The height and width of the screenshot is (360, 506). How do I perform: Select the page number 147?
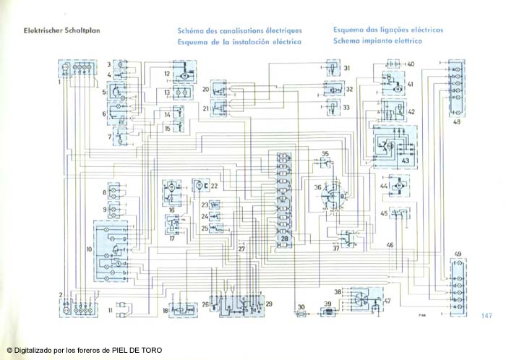point(485,315)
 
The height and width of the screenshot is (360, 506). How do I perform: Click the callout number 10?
point(89,249)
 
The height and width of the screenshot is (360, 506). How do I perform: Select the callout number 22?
point(214,187)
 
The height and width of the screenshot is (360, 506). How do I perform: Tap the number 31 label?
point(347,68)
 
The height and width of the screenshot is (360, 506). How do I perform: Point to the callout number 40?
point(411,65)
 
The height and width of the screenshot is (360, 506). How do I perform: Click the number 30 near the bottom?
point(301,307)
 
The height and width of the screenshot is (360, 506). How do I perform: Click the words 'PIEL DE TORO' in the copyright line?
point(137,351)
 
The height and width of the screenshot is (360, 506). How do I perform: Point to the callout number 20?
point(206,90)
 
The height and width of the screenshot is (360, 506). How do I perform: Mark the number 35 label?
point(325,154)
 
